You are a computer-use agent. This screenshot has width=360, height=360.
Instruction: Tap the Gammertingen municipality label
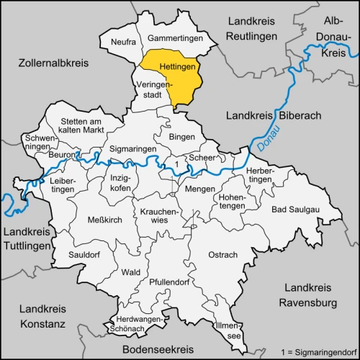pos(176,37)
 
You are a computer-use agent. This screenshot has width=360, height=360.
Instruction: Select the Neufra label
pos(123,42)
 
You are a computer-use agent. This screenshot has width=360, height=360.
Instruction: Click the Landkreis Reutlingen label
pos(256,28)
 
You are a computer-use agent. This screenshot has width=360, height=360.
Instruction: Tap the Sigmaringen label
pos(132,149)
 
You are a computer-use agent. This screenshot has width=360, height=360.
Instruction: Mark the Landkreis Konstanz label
pos(41,315)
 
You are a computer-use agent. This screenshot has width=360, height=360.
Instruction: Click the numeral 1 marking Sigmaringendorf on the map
pos(176,164)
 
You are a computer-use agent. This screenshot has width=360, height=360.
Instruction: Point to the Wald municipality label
pos(131,272)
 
